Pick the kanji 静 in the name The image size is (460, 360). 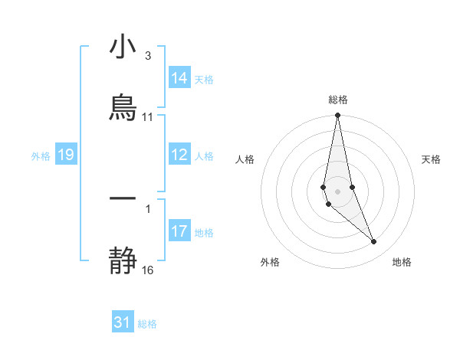click(x=123, y=260)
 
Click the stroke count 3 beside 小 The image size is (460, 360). click(x=147, y=56)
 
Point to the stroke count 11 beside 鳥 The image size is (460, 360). click(x=147, y=117)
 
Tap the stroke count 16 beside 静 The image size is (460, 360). click(x=147, y=270)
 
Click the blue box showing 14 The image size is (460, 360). click(x=179, y=78)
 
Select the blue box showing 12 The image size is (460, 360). click(x=179, y=155)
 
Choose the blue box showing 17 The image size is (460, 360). click(x=179, y=231)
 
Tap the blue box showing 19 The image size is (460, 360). click(x=65, y=155)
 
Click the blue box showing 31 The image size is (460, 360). click(x=123, y=322)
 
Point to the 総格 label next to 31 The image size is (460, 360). click(x=147, y=324)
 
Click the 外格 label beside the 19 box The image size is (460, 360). click(x=41, y=156)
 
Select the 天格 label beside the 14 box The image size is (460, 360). click(x=204, y=80)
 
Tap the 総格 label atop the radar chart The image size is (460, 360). click(x=338, y=100)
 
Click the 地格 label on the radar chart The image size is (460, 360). click(x=402, y=262)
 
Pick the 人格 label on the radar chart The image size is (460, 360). click(x=245, y=159)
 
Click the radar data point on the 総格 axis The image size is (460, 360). click(x=337, y=116)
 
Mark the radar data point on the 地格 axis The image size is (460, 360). click(x=374, y=242)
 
